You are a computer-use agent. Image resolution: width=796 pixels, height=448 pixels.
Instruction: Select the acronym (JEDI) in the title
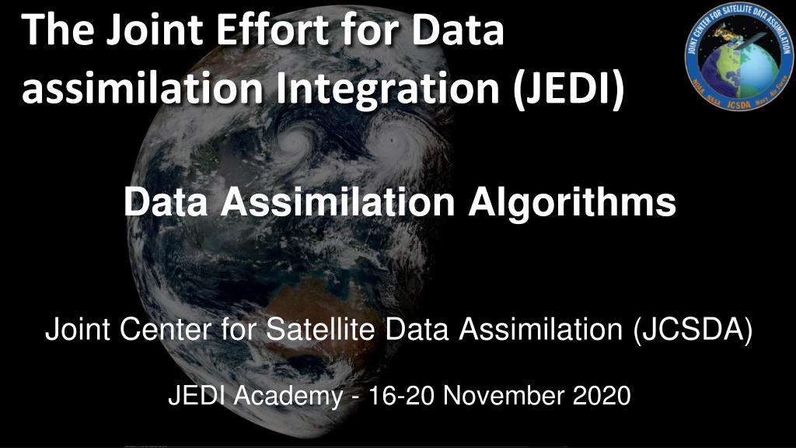568,89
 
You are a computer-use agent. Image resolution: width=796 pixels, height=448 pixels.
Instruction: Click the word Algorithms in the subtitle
572,203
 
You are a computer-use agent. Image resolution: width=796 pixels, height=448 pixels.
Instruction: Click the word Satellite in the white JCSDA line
320,329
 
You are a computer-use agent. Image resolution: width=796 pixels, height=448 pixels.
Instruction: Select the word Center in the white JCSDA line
165,329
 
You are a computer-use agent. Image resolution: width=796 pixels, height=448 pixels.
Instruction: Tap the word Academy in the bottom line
288,396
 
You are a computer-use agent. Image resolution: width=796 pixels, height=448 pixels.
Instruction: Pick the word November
503,396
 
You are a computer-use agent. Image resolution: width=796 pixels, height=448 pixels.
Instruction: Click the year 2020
602,396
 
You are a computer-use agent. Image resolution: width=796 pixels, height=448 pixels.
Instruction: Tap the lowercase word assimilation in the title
143,89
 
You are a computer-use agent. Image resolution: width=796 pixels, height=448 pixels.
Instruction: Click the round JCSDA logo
738,56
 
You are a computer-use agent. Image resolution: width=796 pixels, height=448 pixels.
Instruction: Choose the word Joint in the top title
155,30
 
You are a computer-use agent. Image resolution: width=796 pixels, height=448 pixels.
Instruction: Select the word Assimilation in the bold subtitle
337,203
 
